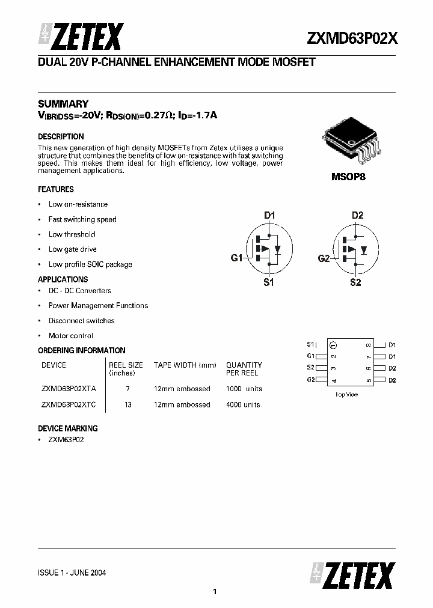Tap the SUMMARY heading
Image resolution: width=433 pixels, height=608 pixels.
63,103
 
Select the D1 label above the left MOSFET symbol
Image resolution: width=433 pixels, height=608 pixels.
269,215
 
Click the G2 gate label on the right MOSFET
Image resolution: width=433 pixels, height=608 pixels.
324,258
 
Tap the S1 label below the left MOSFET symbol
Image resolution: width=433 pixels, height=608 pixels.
268,282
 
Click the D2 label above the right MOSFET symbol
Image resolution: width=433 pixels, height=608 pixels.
357,215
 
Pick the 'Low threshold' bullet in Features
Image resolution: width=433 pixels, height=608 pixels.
72,234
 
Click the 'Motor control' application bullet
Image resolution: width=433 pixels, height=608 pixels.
70,336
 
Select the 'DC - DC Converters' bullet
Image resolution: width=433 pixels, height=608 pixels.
79,291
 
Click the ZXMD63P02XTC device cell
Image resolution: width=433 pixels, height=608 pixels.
68,404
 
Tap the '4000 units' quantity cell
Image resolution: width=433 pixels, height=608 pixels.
243,404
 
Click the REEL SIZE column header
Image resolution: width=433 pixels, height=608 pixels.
126,365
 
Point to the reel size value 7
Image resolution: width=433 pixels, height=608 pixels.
127,389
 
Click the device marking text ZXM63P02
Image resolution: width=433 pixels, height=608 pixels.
66,440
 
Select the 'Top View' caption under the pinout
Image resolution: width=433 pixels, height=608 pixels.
346,394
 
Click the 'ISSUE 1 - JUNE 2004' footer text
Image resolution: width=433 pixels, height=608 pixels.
72,573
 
